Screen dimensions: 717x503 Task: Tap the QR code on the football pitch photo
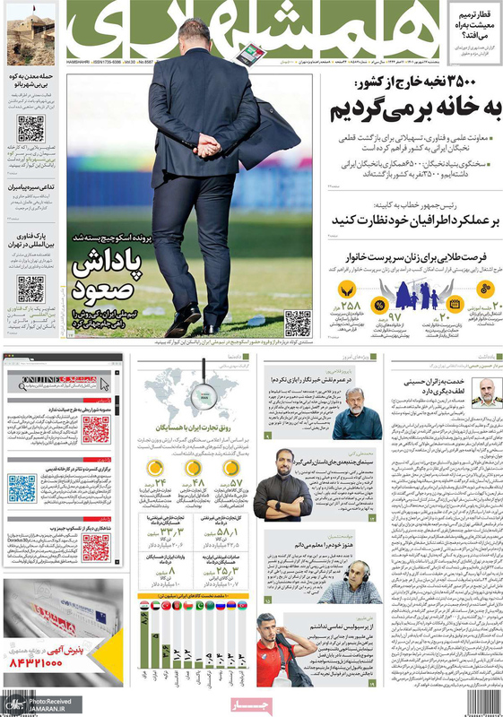click(x=297, y=323)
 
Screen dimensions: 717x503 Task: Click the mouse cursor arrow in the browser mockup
click(x=104, y=383)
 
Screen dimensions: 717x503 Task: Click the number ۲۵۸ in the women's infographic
click(x=350, y=306)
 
